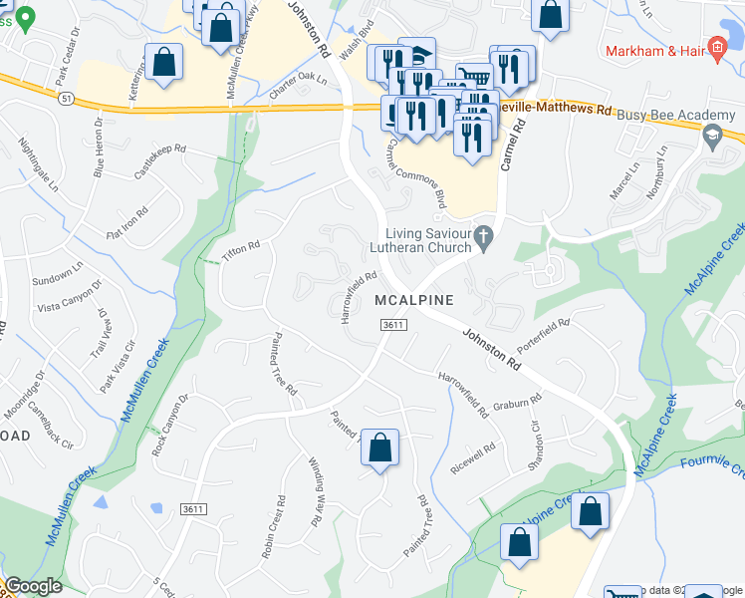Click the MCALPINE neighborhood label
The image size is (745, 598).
(414, 300)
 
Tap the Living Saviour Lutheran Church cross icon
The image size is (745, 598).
(484, 236)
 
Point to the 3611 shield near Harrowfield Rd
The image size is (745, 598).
(394, 325)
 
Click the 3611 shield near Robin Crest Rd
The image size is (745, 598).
(194, 509)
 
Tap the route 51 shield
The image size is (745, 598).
(67, 99)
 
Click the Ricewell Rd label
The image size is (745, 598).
(472, 457)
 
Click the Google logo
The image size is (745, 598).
(33, 586)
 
